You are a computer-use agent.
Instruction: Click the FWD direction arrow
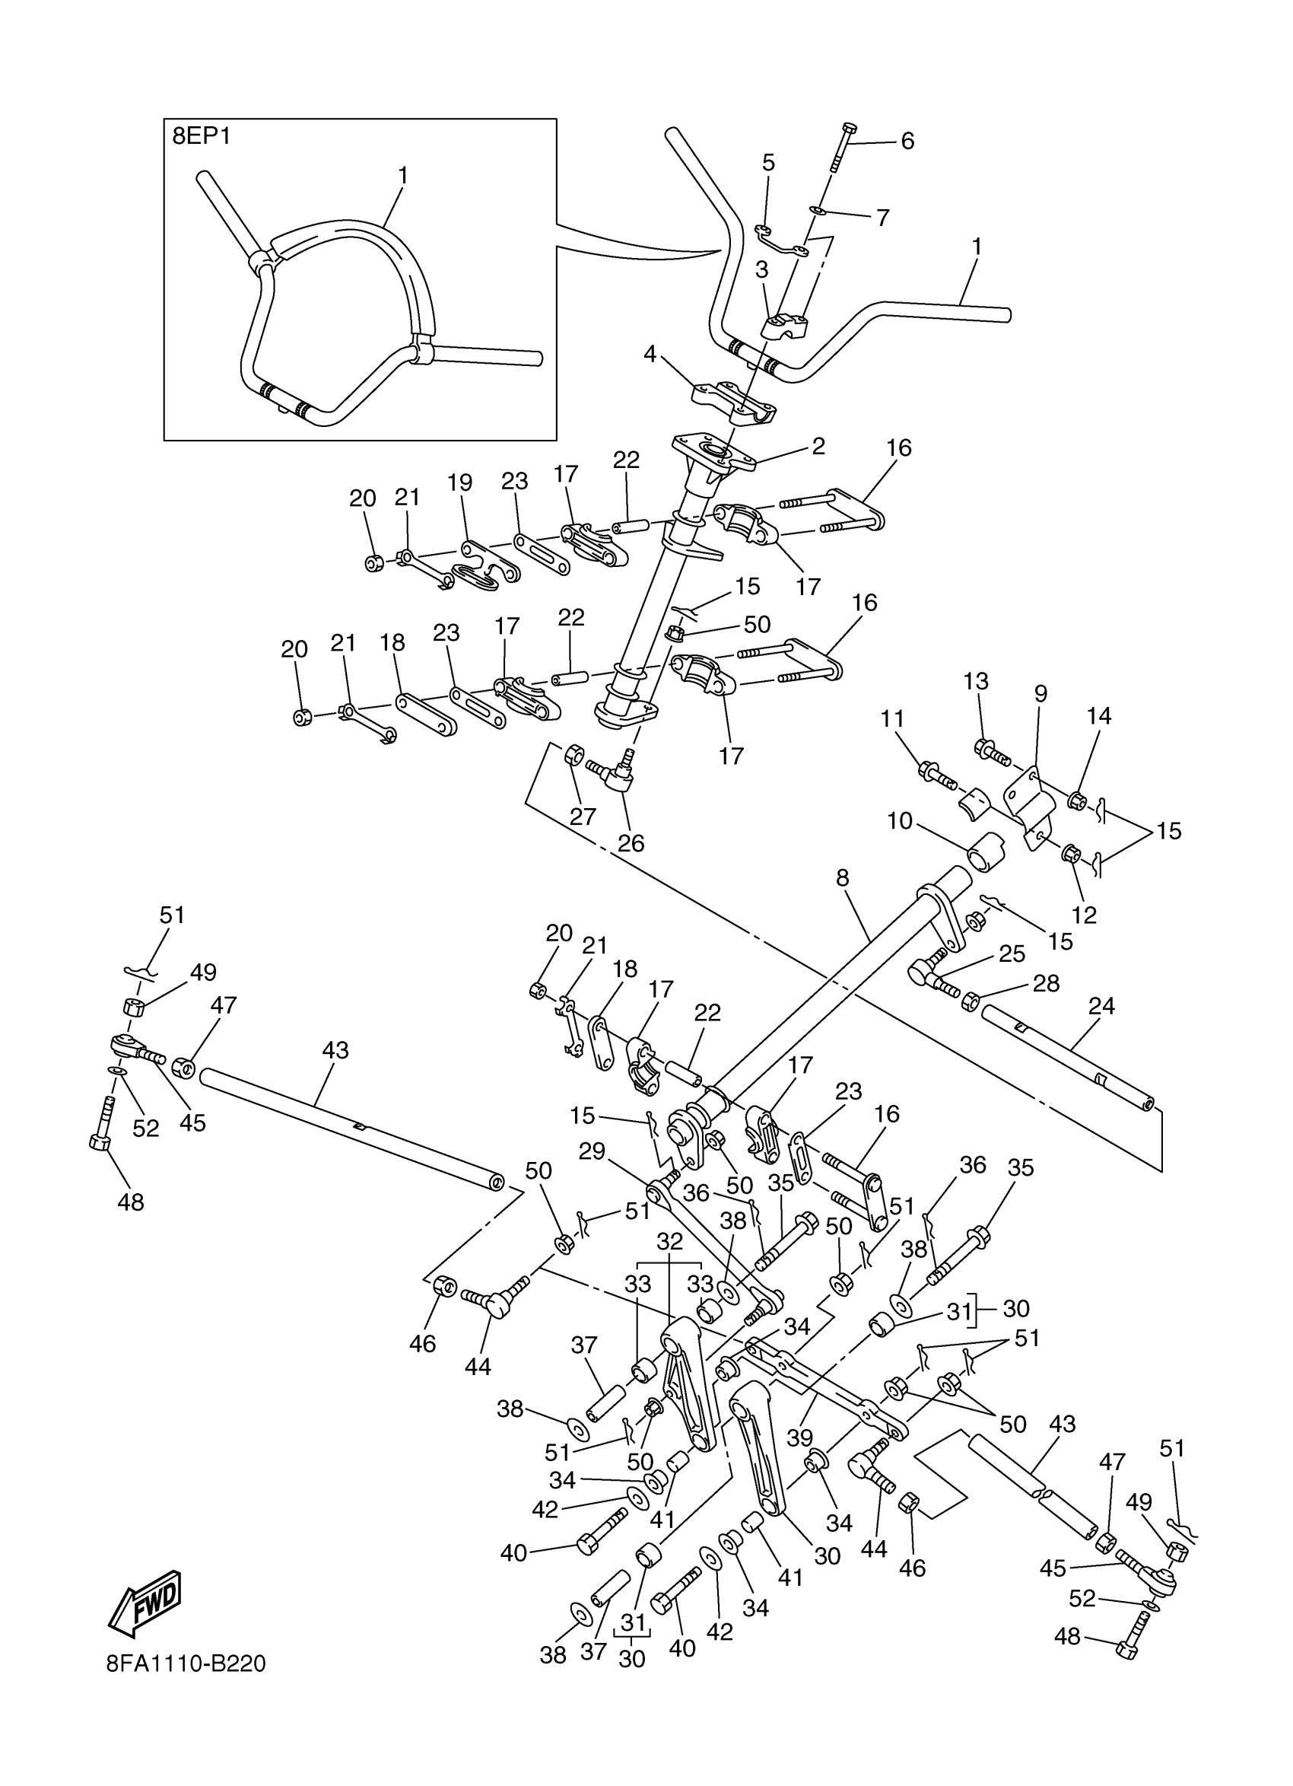pyautogui.click(x=145, y=1600)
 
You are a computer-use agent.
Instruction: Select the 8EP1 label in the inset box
pyautogui.click(x=202, y=135)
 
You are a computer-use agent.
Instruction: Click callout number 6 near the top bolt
pyautogui.click(x=907, y=141)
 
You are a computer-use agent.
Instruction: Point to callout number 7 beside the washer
pyautogui.click(x=883, y=218)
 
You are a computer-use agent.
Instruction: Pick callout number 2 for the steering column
pyautogui.click(x=818, y=447)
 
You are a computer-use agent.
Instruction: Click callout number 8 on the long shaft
pyautogui.click(x=843, y=877)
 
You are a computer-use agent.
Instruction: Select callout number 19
pyautogui.click(x=459, y=482)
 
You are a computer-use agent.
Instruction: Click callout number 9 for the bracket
pyautogui.click(x=1040, y=694)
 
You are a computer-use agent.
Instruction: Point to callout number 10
pyautogui.click(x=900, y=820)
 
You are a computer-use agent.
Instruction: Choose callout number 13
pyautogui.click(x=976, y=681)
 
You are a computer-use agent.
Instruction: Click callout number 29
pyautogui.click(x=592, y=1151)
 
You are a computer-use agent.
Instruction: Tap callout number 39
pyautogui.click(x=799, y=1437)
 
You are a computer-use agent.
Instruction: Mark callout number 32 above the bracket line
pyautogui.click(x=670, y=1242)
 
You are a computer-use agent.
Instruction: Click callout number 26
pyautogui.click(x=631, y=842)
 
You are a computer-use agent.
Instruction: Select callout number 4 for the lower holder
pyautogui.click(x=650, y=354)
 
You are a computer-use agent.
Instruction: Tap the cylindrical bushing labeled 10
pyautogui.click(x=986, y=852)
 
